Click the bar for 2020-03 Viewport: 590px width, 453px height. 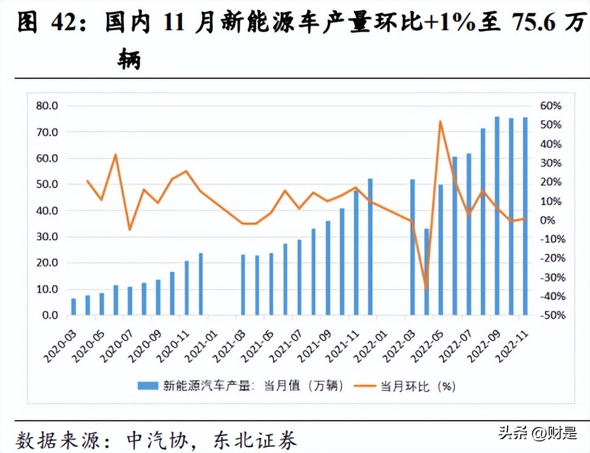(x=73, y=307)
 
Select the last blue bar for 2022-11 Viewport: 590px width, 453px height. (x=525, y=216)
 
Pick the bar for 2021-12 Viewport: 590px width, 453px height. (x=370, y=247)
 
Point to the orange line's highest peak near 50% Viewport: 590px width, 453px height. (x=440, y=121)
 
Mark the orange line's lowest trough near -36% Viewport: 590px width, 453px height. (x=426, y=288)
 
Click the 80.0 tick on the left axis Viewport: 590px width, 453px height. (x=47, y=106)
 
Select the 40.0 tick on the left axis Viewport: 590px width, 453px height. (x=47, y=211)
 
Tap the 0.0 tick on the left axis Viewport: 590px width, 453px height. (x=50, y=316)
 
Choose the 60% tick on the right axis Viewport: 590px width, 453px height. (x=551, y=106)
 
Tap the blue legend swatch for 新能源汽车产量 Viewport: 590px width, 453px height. (x=149, y=386)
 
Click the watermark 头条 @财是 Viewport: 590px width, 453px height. (x=537, y=433)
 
